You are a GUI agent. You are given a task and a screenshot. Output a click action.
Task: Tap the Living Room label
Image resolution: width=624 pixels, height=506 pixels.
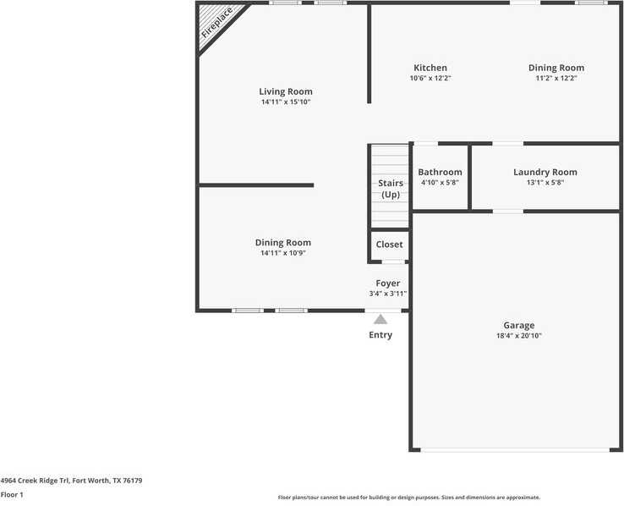click(x=286, y=91)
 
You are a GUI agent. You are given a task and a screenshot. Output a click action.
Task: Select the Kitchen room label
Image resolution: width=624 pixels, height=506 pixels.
click(x=430, y=68)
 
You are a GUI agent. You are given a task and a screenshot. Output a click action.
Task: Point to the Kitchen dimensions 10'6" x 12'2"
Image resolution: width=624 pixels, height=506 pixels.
click(x=430, y=79)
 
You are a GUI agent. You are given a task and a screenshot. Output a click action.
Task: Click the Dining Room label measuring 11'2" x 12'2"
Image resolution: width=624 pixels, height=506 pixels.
click(x=556, y=68)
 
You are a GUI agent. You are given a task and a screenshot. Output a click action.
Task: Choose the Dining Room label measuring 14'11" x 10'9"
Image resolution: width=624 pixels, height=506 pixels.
click(x=283, y=243)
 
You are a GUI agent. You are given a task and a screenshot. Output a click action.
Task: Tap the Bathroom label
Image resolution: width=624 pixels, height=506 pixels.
click(x=440, y=172)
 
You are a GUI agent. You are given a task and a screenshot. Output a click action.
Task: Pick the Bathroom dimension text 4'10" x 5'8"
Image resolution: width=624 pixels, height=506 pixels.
click(x=440, y=183)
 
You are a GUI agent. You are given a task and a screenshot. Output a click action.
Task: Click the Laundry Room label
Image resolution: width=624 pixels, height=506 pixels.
click(x=545, y=172)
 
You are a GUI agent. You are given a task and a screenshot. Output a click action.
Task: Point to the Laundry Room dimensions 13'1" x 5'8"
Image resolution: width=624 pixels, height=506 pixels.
click(x=545, y=183)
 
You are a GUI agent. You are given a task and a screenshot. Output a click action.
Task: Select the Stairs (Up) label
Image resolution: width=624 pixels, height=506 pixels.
click(x=390, y=188)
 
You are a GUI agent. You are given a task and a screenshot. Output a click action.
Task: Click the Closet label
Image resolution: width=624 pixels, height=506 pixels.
click(x=390, y=245)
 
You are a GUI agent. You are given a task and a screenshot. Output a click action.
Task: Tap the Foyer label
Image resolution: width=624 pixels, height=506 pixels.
click(x=388, y=283)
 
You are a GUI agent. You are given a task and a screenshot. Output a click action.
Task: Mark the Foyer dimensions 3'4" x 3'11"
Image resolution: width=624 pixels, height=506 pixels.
click(x=388, y=294)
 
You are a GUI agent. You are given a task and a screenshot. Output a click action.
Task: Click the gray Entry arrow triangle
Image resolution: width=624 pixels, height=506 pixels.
click(x=380, y=319)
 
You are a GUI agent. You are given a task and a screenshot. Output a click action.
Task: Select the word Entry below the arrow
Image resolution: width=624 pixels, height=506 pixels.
click(x=380, y=335)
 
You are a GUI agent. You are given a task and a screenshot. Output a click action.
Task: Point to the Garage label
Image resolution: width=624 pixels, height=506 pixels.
click(x=519, y=325)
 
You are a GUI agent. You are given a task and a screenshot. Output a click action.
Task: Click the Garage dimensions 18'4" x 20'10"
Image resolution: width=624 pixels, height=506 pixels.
click(x=519, y=336)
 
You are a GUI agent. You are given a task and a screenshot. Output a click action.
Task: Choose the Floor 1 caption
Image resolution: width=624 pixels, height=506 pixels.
click(x=12, y=494)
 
